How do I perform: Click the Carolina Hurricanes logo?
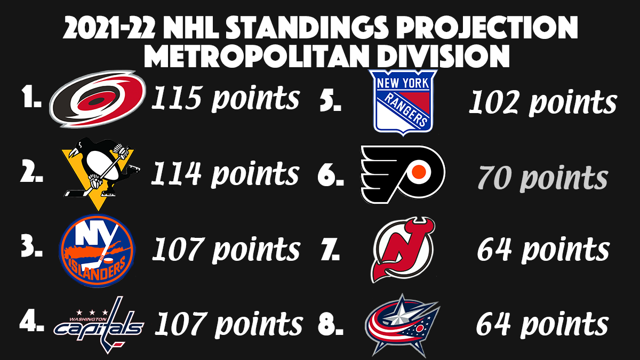[97, 99]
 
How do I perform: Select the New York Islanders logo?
[97, 250]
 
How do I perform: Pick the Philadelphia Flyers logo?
[403, 174]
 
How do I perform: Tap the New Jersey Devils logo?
[403, 249]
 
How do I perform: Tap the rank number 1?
[31, 99]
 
